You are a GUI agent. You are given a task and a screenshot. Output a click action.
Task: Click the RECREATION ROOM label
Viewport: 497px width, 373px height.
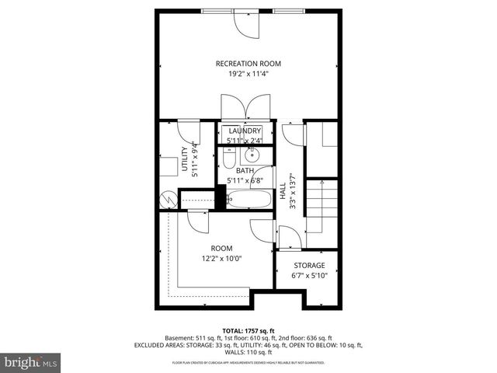tap(248, 63)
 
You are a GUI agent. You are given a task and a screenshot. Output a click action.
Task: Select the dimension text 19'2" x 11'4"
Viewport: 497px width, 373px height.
tap(248, 75)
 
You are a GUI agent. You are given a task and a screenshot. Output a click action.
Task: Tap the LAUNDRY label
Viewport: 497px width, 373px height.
tap(245, 131)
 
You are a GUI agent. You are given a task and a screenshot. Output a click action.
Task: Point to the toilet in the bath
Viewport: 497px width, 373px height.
tap(228, 159)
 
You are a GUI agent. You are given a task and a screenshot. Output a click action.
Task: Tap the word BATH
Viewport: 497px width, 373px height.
tap(245, 170)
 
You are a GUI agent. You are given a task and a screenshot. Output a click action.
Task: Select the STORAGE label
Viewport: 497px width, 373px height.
tap(308, 265)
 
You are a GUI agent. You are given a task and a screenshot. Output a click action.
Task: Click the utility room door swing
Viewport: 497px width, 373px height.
tap(188, 132)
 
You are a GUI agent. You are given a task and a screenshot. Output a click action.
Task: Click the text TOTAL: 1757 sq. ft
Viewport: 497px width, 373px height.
tap(248, 329)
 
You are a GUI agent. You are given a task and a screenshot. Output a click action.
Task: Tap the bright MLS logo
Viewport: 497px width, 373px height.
tap(31, 362)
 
